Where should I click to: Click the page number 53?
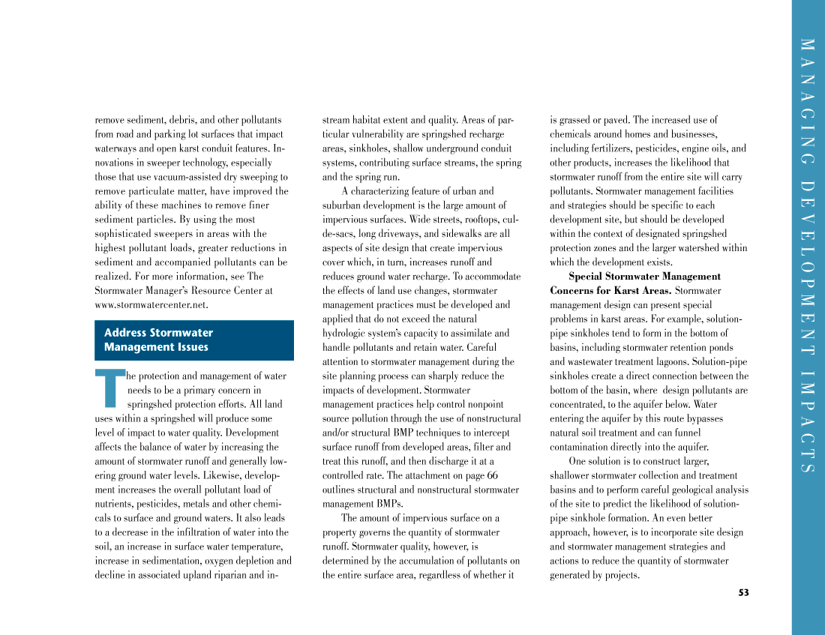(743, 592)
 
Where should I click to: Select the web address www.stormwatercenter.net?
(151, 305)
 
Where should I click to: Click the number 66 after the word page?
(492, 475)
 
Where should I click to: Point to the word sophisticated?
(124, 234)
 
